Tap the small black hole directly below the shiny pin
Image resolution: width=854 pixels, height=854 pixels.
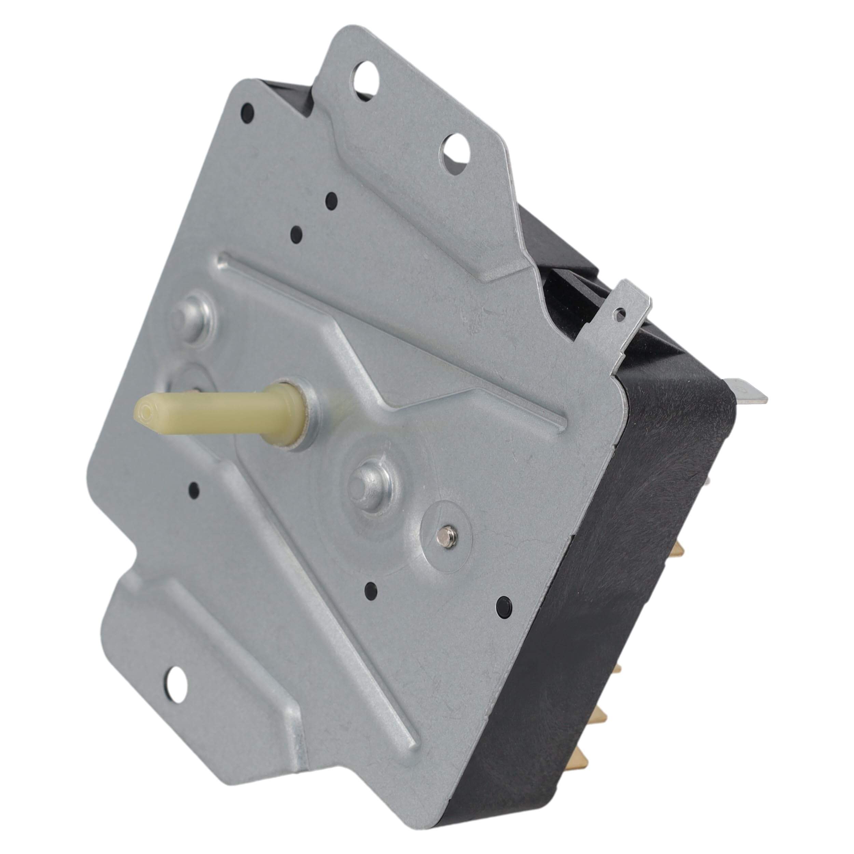pos(370,589)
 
